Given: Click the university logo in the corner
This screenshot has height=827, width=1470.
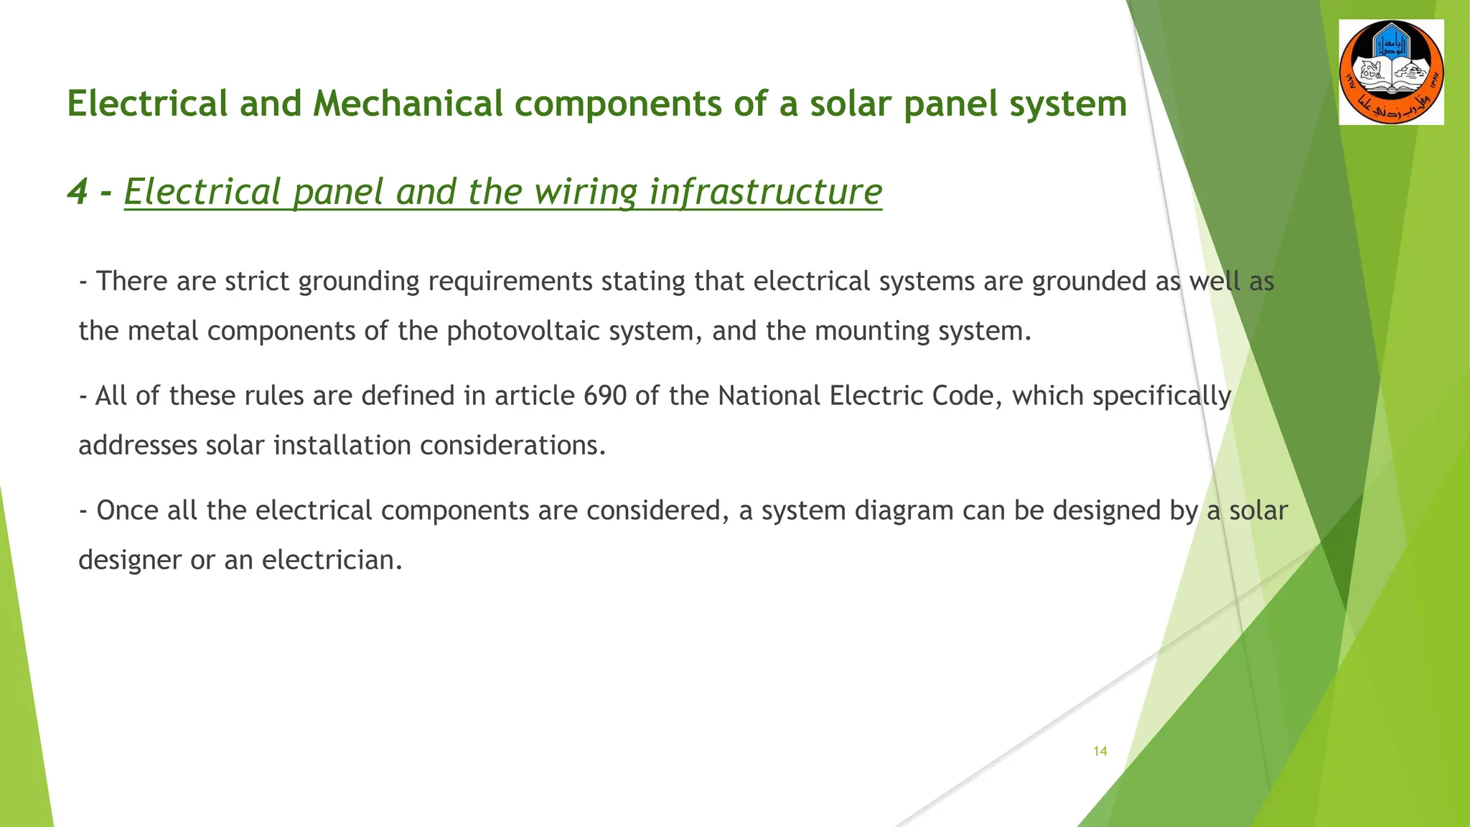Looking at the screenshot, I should pos(1391,73).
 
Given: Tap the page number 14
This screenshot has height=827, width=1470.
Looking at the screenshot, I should pos(1100,751).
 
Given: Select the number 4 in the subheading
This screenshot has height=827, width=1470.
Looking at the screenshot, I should pos(77,192).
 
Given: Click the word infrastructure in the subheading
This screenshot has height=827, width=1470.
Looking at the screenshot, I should pos(765,192).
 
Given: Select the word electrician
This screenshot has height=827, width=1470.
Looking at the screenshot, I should pos(332,560).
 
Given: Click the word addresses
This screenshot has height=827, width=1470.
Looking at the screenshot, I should pos(137,446).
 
